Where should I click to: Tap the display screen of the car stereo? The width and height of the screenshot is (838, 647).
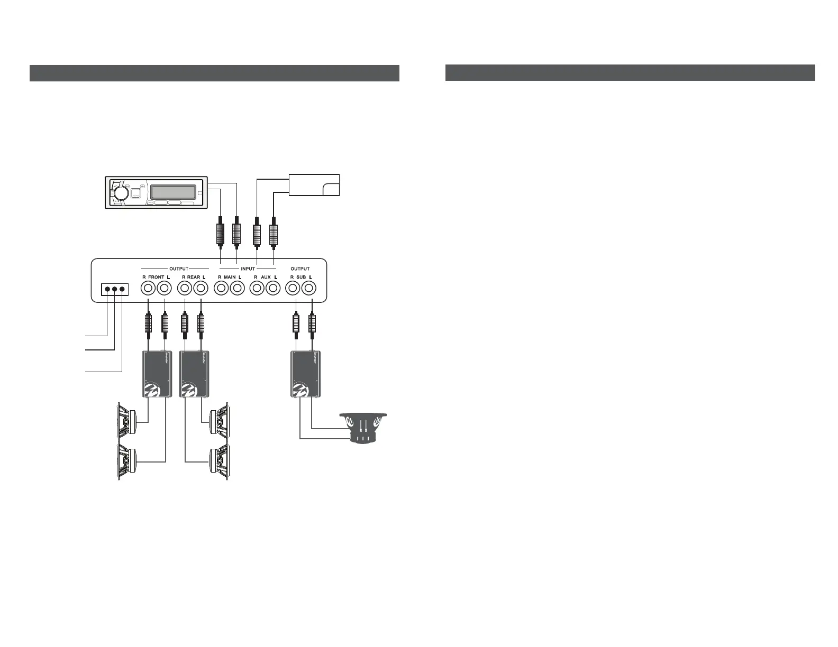pyautogui.click(x=172, y=192)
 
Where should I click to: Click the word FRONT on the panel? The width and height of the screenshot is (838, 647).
pyautogui.click(x=157, y=277)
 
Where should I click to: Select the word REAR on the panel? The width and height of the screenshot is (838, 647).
pyautogui.click(x=194, y=277)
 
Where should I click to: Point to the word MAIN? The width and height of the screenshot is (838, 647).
pyautogui.click(x=230, y=277)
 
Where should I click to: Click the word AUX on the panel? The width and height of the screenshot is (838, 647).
pyautogui.click(x=266, y=277)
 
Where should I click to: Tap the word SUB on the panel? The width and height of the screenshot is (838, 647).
pyautogui.click(x=301, y=277)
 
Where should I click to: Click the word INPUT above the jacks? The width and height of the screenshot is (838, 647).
pyautogui.click(x=248, y=269)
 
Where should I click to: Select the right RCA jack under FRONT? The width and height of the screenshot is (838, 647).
pyautogui.click(x=148, y=289)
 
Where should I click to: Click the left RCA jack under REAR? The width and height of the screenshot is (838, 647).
pyautogui.click(x=201, y=289)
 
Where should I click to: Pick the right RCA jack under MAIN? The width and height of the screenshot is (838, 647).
pyautogui.click(x=221, y=289)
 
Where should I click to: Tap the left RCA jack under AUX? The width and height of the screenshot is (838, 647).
pyautogui.click(x=273, y=289)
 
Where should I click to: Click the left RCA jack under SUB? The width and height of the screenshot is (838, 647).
pyautogui.click(x=309, y=289)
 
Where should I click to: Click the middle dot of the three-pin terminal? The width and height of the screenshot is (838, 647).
pyautogui.click(x=115, y=289)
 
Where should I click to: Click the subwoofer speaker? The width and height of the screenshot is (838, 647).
pyautogui.click(x=363, y=427)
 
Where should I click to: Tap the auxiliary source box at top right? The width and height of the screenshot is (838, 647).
pyautogui.click(x=314, y=185)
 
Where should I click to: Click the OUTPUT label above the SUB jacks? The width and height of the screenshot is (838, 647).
pyautogui.click(x=300, y=269)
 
